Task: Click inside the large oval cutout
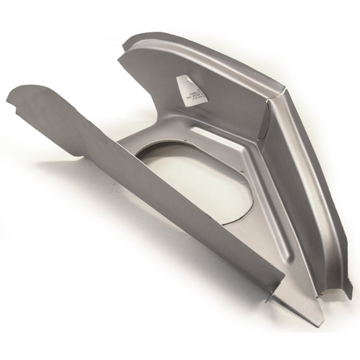point(198,180)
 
